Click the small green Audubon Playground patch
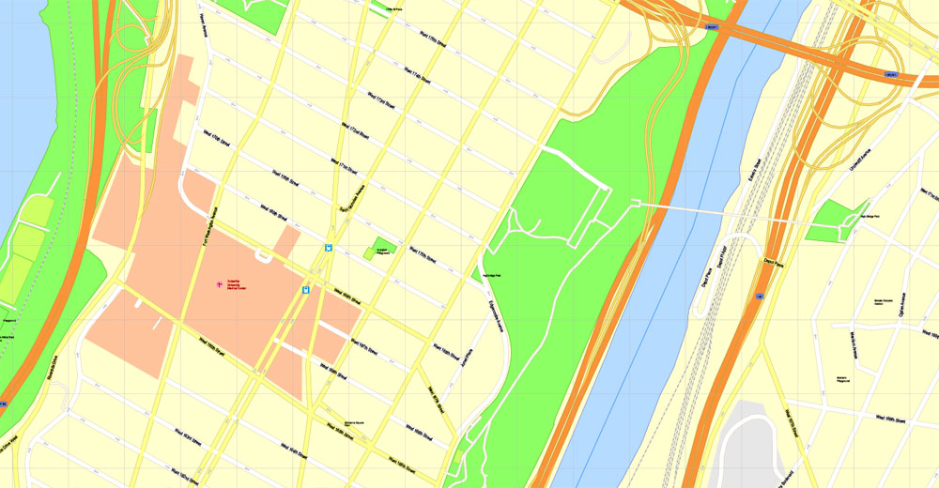(x=379, y=251)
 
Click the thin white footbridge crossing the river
(x=714, y=212)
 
